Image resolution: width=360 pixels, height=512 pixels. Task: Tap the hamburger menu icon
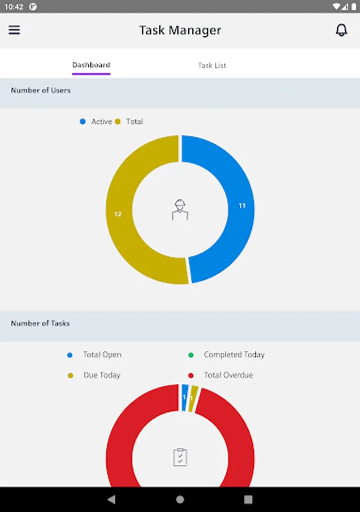(x=14, y=30)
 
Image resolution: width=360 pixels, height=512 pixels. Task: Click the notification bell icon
(x=341, y=30)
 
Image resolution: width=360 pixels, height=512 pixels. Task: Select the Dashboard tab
(x=91, y=65)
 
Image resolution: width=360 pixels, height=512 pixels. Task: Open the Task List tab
(x=212, y=65)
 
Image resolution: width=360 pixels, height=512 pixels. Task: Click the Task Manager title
(x=180, y=30)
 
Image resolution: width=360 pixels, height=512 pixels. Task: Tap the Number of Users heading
(x=41, y=90)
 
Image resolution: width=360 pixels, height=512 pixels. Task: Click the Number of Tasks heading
(x=40, y=323)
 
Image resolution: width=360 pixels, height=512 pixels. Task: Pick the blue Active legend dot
(x=82, y=122)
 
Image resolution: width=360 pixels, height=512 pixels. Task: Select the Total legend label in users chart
(x=134, y=122)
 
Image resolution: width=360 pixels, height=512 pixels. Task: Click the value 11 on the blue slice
(x=242, y=206)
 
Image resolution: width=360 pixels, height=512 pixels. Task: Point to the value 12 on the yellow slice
(x=118, y=214)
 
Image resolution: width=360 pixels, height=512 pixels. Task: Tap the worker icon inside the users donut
(x=180, y=209)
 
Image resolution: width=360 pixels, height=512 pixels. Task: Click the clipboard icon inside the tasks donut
(x=180, y=457)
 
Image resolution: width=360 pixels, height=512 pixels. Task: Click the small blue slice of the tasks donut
(x=184, y=397)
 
